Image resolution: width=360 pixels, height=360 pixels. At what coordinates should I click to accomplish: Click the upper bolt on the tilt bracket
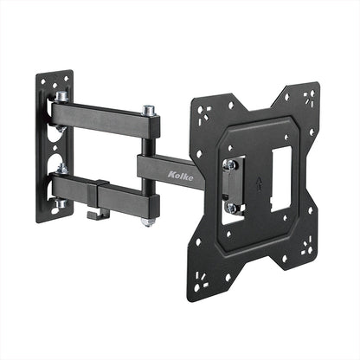231,164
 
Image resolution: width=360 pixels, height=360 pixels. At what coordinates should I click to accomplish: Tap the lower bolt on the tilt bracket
231,208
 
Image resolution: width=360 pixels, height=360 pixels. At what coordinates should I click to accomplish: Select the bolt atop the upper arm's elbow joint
149,111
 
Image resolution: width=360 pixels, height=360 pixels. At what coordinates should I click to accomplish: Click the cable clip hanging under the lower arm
102,212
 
